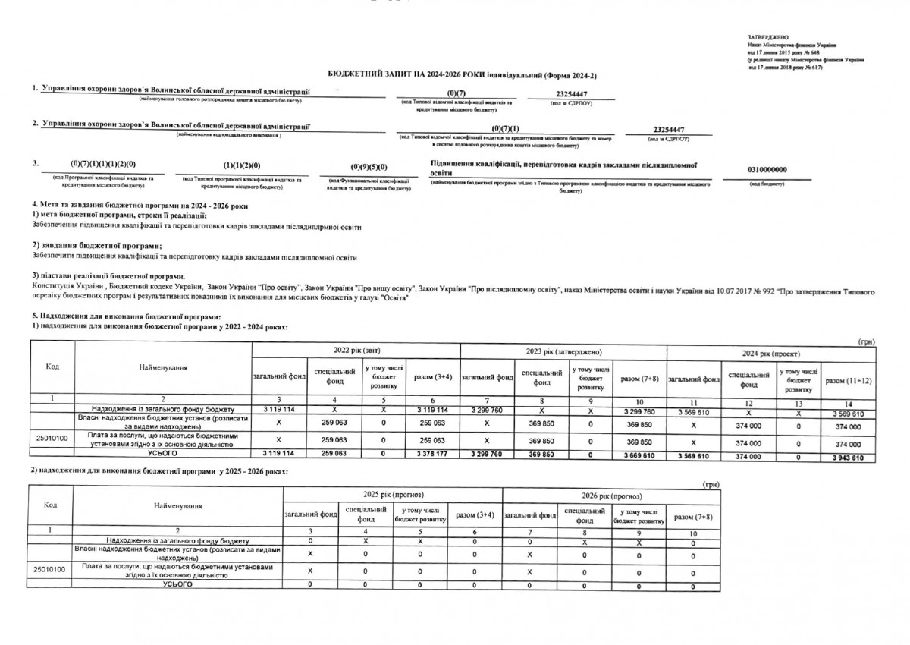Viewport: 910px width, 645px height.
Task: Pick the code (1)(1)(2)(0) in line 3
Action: click(x=242, y=165)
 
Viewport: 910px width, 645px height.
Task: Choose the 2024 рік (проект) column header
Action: click(x=772, y=354)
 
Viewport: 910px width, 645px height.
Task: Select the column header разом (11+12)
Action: click(x=848, y=379)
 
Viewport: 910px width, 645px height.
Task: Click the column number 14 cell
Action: click(x=848, y=402)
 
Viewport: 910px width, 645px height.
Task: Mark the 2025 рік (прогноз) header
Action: click(x=389, y=494)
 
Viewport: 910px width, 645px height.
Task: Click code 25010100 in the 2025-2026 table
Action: click(x=50, y=568)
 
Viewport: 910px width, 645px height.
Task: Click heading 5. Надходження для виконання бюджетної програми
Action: click(x=125, y=316)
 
